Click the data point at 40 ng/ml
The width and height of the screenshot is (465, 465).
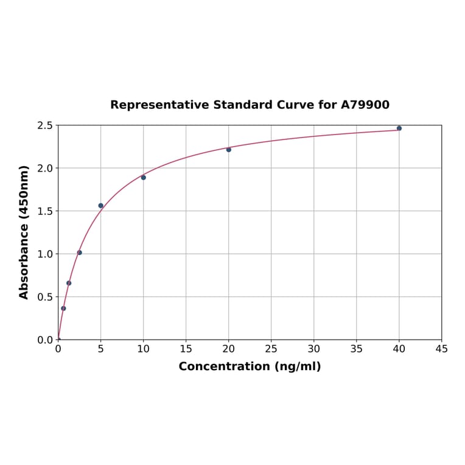pos(399,128)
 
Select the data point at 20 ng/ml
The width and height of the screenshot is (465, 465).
pos(229,150)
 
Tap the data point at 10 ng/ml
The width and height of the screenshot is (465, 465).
pos(144,178)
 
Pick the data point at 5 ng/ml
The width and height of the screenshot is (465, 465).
pos(101,206)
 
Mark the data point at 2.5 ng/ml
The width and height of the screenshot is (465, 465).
pos(80,253)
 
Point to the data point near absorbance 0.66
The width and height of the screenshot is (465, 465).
pos(69,283)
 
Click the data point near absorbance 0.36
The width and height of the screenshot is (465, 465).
pos(63,309)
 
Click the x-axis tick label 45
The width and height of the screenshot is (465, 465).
pos(442,349)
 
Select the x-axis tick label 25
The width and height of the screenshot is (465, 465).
pos(271,349)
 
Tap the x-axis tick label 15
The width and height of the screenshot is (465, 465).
pos(186,349)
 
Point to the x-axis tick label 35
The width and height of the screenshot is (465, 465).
pos(357,349)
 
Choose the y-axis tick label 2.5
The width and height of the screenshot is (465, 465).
pos(45,125)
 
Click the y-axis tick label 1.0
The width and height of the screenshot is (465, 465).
pos(45,254)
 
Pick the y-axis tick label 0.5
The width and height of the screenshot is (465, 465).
pos(45,297)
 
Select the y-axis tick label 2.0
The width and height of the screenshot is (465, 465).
pos(45,168)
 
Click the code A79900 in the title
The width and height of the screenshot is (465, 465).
pos(365,105)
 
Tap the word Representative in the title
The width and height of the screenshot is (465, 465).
pos(159,105)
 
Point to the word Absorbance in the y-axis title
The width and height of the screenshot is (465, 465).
pos(24,262)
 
